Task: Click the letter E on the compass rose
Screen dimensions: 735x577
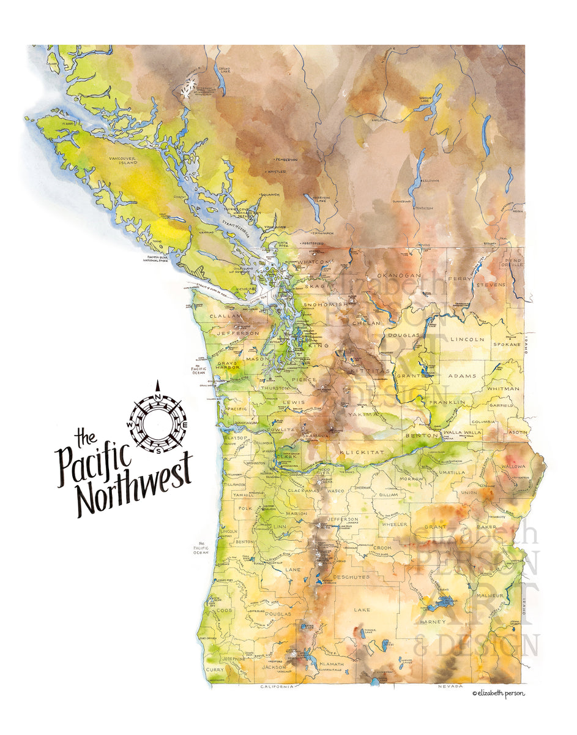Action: coord(185,424)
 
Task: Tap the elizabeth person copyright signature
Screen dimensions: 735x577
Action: coord(498,693)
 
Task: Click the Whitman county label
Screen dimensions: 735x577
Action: coord(503,388)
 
